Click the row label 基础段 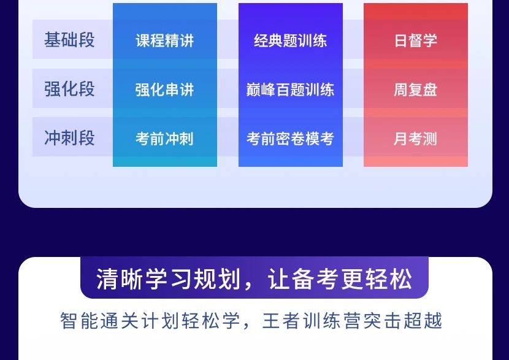69,40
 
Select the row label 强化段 69,89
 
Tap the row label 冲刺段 69,137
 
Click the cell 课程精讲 165,40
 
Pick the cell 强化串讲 165,90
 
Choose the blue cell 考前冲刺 165,139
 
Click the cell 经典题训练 291,40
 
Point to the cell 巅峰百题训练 291,90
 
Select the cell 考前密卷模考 291,139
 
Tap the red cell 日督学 416,40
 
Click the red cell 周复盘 416,90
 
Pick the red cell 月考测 416,139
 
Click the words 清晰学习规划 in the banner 169,279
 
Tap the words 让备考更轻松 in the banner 340,279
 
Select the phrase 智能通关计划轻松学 150,320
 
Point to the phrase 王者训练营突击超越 352,320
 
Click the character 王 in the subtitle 272,320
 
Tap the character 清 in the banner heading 107,279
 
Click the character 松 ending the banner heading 402,279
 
